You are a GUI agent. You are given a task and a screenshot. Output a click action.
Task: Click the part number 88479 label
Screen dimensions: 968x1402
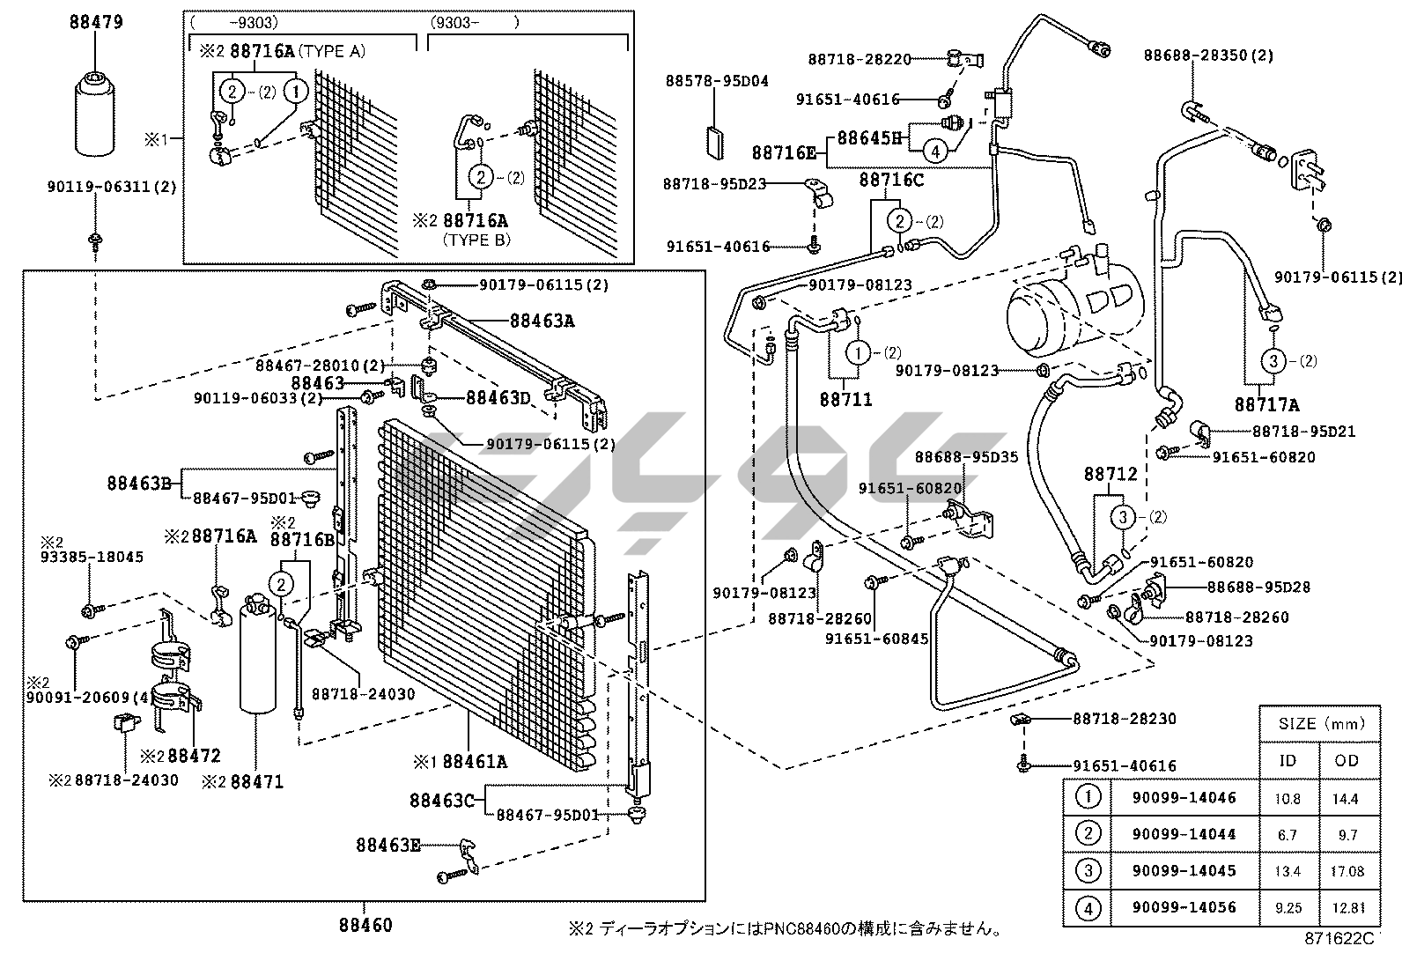tap(96, 22)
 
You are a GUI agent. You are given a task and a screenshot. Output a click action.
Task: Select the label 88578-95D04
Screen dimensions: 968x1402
tap(717, 81)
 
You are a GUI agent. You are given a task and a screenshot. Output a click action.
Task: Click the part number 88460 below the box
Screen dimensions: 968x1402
tap(365, 925)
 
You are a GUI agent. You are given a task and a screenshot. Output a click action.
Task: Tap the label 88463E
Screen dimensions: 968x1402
tap(387, 845)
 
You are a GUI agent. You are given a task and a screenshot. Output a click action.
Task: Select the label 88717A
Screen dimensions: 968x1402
tap(1266, 404)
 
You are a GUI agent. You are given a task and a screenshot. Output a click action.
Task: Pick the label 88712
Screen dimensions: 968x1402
tap(1110, 474)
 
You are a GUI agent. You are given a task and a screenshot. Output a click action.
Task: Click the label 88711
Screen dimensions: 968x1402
tap(845, 399)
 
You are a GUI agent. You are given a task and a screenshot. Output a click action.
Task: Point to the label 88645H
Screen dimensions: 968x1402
tap(869, 137)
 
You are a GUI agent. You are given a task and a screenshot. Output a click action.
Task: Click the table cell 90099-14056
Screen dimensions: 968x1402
tap(1184, 906)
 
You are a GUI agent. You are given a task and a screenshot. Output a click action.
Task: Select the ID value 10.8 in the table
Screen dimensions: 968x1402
tap(1288, 798)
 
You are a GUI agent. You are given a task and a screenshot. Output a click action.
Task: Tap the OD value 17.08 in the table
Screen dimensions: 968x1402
tap(1347, 870)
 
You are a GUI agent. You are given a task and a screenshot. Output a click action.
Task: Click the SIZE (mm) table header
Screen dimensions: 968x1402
tap(1318, 724)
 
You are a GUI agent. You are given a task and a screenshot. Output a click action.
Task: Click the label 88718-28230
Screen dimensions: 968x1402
tap(1124, 719)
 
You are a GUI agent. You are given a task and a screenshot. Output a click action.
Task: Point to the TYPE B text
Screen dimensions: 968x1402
tap(476, 240)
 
